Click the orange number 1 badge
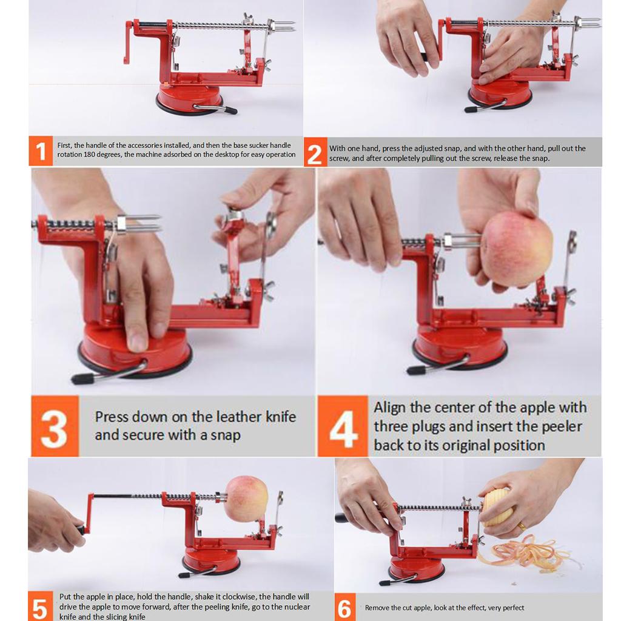tap(41, 150)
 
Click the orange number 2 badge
tap(314, 153)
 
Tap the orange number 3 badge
tap(55, 426)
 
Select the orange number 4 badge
tap(343, 427)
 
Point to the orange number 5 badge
tap(39, 607)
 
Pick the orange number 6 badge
tap(344, 608)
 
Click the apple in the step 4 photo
tap(516, 248)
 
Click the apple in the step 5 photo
tap(246, 498)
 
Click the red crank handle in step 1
tap(127, 42)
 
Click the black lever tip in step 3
tap(81, 379)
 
